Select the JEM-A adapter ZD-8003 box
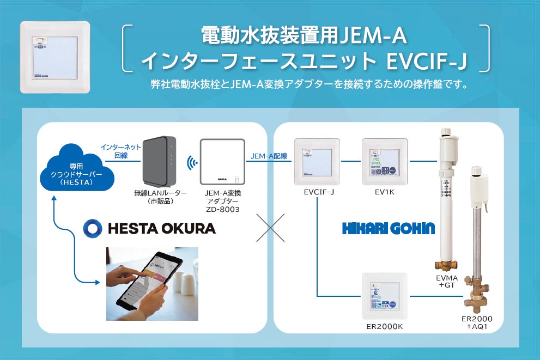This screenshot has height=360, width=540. (x=222, y=162)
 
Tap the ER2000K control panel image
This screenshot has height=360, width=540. (x=385, y=296)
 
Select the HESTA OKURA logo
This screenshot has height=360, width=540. (x=150, y=228)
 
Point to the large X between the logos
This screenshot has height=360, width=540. (x=271, y=227)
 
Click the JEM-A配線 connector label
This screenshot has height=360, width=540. (x=269, y=156)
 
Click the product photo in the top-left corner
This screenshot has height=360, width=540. (x=54, y=57)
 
